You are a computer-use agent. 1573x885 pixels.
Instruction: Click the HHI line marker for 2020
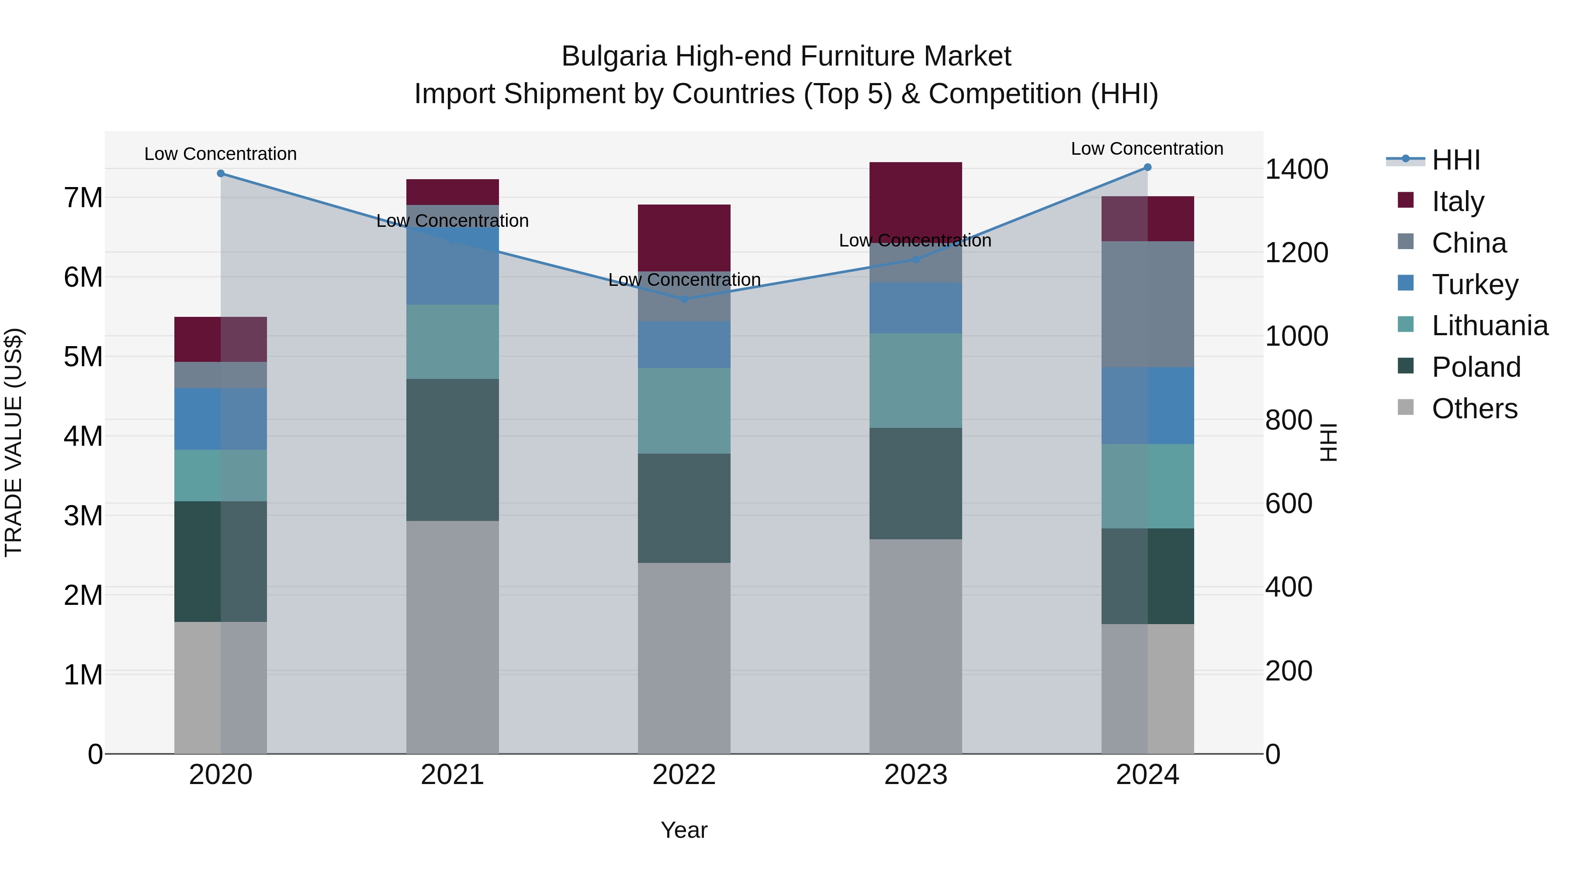(221, 174)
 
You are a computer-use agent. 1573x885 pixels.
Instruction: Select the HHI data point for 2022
(684, 298)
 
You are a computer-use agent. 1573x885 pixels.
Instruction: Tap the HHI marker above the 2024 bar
(1147, 167)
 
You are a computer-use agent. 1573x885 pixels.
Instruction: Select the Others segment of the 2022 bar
(684, 658)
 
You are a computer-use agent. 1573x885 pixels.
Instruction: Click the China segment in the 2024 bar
(1147, 304)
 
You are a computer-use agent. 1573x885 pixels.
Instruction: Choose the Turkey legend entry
(1474, 285)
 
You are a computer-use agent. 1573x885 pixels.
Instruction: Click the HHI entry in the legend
(1456, 160)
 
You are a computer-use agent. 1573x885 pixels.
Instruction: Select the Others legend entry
(1474, 409)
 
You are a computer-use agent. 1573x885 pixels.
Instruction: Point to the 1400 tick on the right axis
(1296, 169)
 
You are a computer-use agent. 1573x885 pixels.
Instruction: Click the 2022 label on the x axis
(684, 775)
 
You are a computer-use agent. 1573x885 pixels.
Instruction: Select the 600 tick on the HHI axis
(1289, 504)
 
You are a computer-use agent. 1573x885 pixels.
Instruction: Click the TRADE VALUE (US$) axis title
(14, 442)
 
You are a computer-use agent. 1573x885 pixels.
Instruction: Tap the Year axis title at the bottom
(684, 830)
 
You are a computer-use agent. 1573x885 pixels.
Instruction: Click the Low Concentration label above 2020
(221, 154)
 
